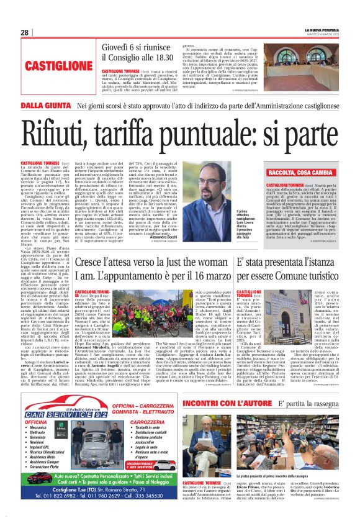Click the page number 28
pyautogui.click(x=24, y=32)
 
